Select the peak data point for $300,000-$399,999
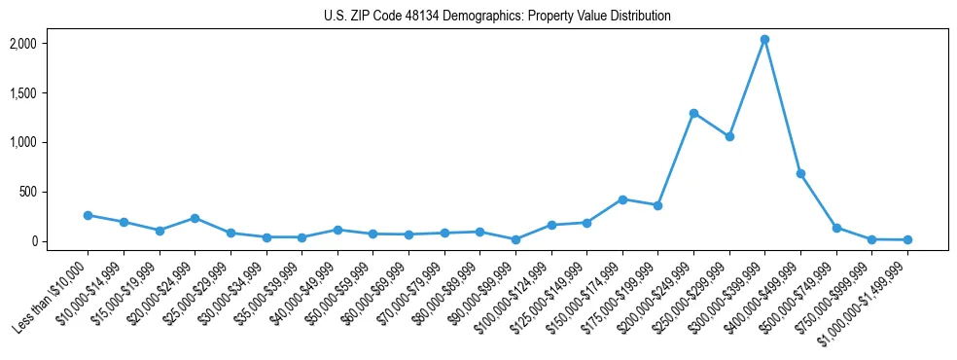click(764, 40)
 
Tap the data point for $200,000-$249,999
click(693, 113)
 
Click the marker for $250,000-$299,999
click(729, 137)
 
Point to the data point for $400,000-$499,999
click(800, 173)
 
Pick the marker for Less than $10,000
click(88, 215)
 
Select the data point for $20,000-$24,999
click(195, 218)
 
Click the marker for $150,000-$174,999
click(622, 199)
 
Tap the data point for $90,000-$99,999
click(515, 239)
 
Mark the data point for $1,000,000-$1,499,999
click(907, 239)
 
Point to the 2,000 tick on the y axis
click(50, 44)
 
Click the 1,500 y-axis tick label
click(50, 93)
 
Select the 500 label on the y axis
click(55, 192)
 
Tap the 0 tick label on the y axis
click(60, 241)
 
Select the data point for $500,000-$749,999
click(836, 228)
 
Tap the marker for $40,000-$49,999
click(337, 230)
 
